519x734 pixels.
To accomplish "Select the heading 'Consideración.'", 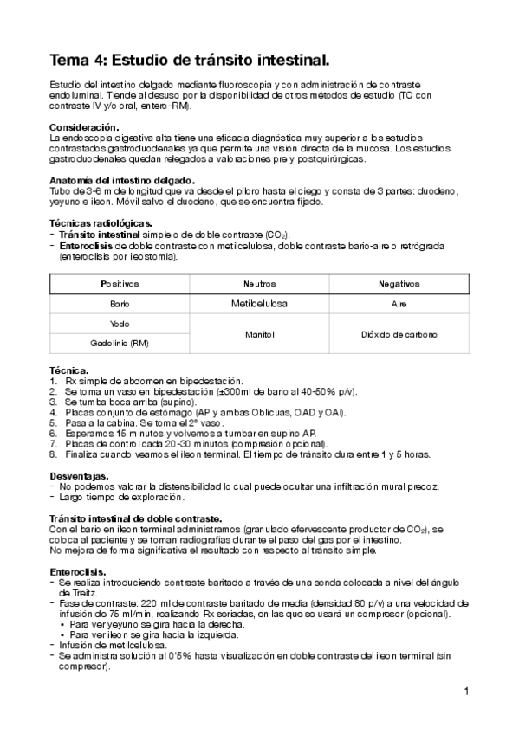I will pos(83,127).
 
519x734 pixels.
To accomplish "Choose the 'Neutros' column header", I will pos(259,284).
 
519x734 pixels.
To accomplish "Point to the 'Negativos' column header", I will pos(399,284).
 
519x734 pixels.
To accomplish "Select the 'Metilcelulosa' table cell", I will pos(259,305).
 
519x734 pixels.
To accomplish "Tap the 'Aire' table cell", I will pos(399,305).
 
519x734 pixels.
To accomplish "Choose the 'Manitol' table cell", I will pos(259,334).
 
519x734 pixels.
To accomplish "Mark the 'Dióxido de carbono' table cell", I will pos(399,334).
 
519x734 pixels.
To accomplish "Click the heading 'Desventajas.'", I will pos(79,476).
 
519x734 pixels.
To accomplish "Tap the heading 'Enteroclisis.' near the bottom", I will pos(79,571).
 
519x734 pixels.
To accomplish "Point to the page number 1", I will pos(466,691).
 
